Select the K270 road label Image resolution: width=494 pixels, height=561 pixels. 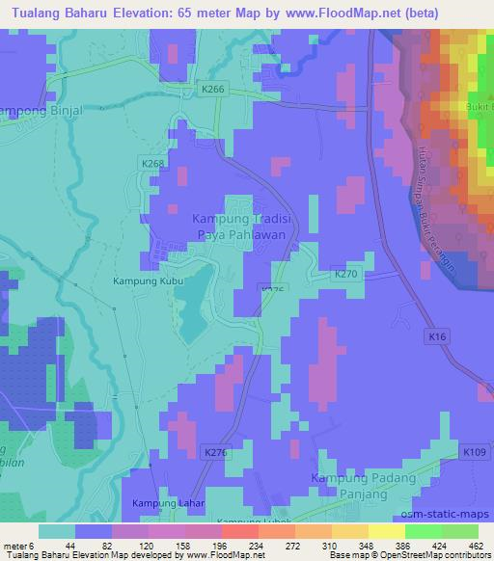[x=345, y=273]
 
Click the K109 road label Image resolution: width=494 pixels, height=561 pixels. [x=475, y=452]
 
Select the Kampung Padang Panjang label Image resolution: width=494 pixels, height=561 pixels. [x=365, y=486]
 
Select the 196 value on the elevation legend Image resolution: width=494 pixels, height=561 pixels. [x=204, y=545]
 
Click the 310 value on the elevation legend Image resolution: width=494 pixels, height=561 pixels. [x=314, y=545]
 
